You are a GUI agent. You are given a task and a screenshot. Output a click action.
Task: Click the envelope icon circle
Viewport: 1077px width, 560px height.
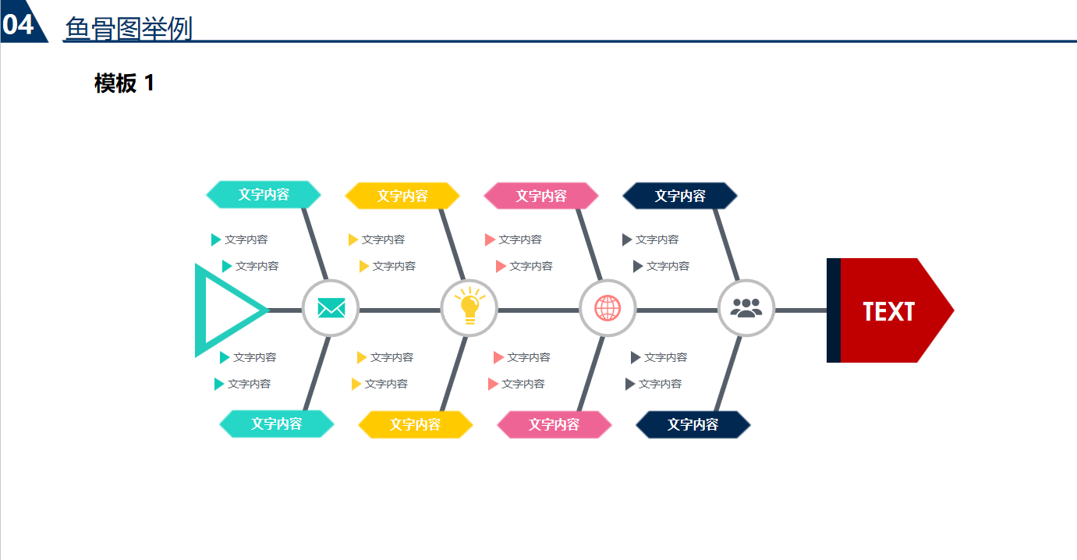[x=331, y=308]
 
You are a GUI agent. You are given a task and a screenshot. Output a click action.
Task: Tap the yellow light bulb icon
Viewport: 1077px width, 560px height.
[x=469, y=307]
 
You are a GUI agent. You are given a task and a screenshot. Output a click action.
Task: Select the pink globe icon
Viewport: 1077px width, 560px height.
[x=608, y=308]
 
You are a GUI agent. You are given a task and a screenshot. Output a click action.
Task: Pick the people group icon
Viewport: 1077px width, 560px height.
[x=746, y=308]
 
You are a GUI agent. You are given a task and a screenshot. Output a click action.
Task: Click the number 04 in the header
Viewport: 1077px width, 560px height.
[x=19, y=25]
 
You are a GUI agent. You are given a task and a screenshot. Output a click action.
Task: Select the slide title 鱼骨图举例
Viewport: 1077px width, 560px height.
[x=129, y=29]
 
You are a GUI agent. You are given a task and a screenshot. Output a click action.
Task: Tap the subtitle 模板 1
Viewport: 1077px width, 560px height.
[x=125, y=83]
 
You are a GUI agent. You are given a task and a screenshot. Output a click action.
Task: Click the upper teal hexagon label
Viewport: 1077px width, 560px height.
[x=264, y=194]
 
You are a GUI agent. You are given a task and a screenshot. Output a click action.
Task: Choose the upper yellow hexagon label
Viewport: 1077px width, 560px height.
[x=402, y=196]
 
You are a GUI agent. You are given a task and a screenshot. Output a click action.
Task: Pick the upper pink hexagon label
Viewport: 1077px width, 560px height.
[x=541, y=196]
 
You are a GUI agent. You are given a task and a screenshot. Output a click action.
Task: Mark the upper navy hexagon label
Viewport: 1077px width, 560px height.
[x=680, y=196]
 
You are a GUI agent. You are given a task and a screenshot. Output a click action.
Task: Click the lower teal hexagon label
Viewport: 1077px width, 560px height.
[x=277, y=424]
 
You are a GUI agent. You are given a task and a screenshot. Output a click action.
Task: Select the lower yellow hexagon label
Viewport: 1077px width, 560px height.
[x=416, y=424]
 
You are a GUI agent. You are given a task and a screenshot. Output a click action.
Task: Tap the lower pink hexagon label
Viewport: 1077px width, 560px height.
[x=554, y=424]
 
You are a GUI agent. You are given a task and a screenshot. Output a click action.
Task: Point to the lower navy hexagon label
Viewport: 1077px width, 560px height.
[x=693, y=424]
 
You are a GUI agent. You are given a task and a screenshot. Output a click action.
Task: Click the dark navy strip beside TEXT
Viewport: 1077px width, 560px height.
[x=833, y=310]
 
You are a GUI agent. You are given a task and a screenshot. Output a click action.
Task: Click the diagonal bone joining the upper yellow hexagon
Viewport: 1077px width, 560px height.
[x=452, y=244]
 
